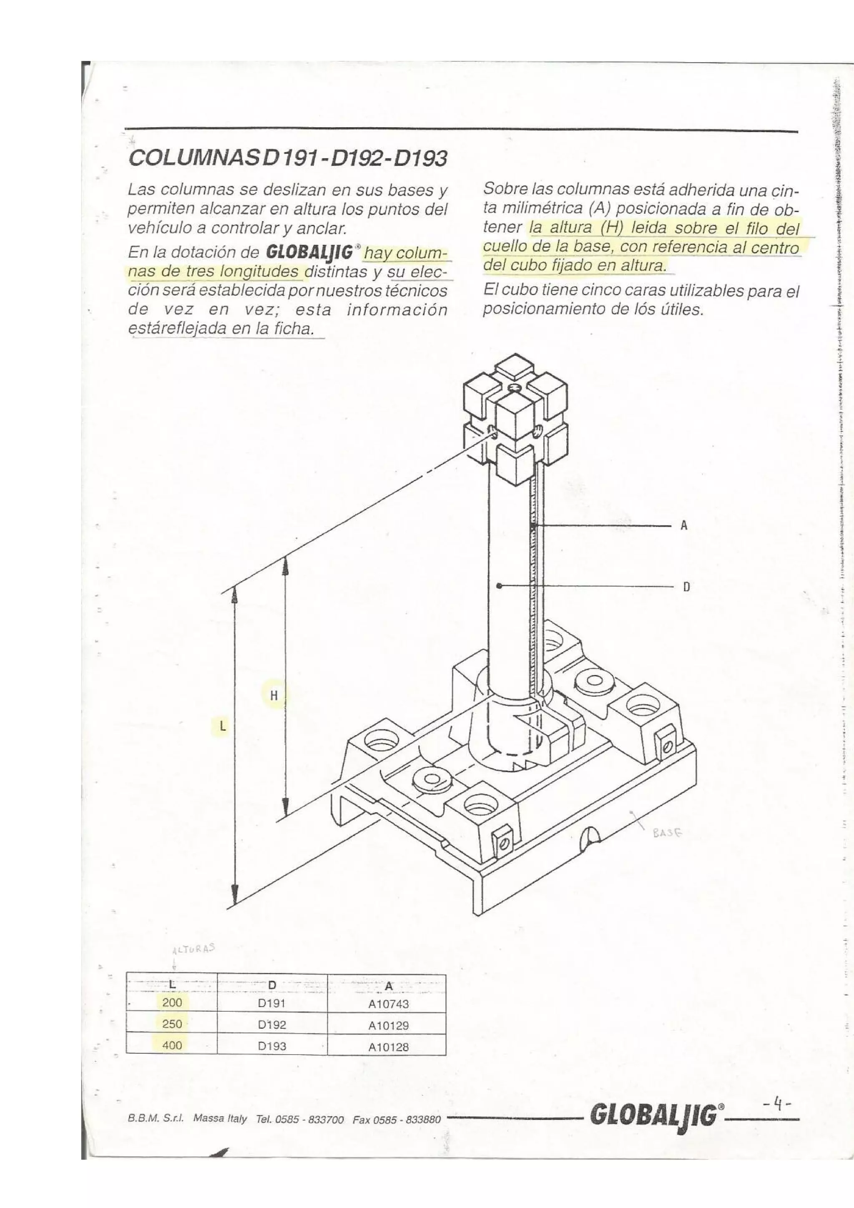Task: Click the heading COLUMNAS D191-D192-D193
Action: pos(288,158)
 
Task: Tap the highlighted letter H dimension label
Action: pos(274,696)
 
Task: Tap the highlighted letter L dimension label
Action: pos(223,726)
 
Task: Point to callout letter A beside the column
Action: pos(684,525)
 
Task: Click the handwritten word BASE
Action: pos(667,834)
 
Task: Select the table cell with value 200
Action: pos(172,1002)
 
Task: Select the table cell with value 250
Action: pos(172,1024)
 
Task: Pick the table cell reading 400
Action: pos(172,1045)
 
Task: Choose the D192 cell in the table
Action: pos(271,1025)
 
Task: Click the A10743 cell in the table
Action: pos(388,1004)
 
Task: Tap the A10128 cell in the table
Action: pos(388,1047)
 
